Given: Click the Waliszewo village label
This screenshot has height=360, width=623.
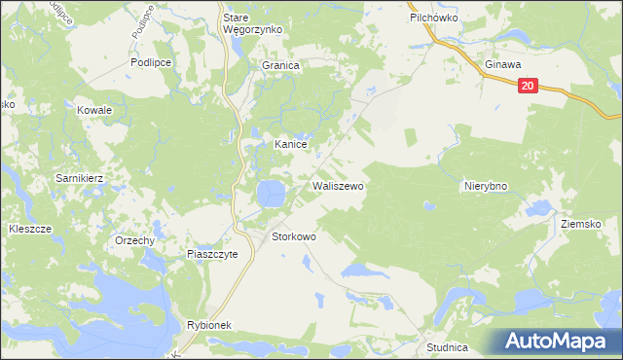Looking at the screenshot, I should (338, 185).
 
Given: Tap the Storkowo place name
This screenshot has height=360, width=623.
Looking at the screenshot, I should (293, 236).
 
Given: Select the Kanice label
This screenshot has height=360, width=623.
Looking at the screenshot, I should (291, 144).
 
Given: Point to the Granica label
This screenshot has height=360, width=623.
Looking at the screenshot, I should (280, 65).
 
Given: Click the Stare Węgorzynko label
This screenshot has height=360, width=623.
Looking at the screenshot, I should (252, 23).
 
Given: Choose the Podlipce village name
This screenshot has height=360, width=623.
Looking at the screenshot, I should (151, 61).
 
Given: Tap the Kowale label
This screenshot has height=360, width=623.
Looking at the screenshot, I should (95, 111).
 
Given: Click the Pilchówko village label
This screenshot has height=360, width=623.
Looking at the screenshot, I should (434, 18).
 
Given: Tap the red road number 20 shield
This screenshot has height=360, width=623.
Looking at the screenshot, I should (527, 86).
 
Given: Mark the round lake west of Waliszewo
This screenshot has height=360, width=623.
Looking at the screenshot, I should (271, 193).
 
